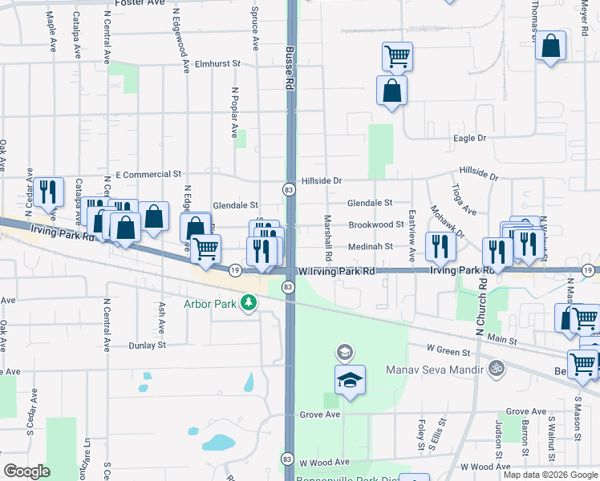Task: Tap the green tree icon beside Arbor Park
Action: pos(249,302)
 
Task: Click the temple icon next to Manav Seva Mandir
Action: pos(497,369)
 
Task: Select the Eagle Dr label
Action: pos(470,139)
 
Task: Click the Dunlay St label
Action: pos(147,346)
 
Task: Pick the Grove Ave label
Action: pos(320,414)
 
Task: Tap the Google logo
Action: pos(26,471)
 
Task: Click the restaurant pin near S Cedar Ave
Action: pos(49,191)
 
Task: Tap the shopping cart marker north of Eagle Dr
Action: pos(396,55)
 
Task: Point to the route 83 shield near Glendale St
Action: pos(287,189)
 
